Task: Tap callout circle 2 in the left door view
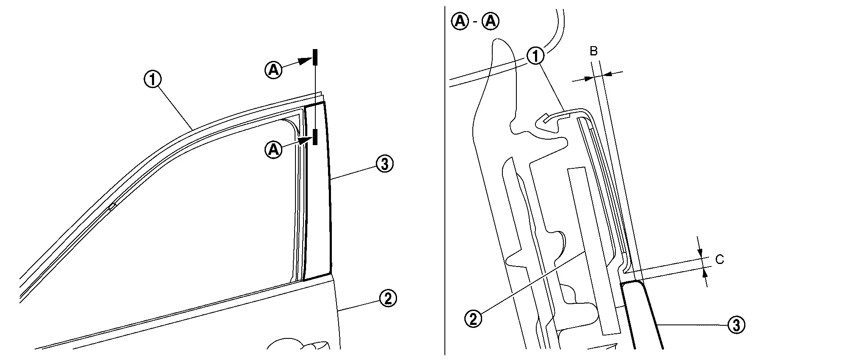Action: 388,299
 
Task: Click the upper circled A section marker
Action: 274,70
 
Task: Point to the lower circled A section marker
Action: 274,149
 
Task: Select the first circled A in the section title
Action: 460,22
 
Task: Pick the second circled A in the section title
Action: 491,22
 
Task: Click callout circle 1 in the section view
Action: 535,55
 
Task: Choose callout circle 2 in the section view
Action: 473,318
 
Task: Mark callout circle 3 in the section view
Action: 736,325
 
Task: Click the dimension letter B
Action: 594,51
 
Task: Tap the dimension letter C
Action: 720,259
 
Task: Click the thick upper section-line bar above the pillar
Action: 315,58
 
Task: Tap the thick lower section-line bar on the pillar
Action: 315,137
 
